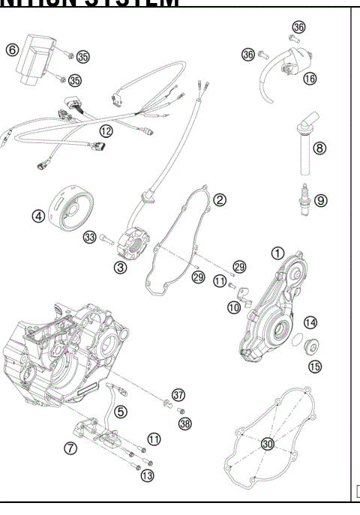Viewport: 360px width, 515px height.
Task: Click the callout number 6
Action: coord(12,49)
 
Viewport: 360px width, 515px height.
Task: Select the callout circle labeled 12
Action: coord(106,130)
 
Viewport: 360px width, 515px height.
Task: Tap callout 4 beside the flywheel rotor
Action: coord(37,216)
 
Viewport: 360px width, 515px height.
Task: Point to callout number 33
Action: coord(90,238)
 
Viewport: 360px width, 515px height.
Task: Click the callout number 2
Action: coord(220,200)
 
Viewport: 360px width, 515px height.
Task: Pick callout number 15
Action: coord(314,366)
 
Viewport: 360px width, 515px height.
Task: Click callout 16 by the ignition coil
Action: coord(310,78)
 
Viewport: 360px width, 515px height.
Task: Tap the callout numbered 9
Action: coord(321,200)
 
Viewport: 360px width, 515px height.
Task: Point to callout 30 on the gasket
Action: coord(267,444)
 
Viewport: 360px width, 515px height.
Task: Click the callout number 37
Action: coord(178,394)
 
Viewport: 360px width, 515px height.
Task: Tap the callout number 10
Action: coord(234,307)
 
